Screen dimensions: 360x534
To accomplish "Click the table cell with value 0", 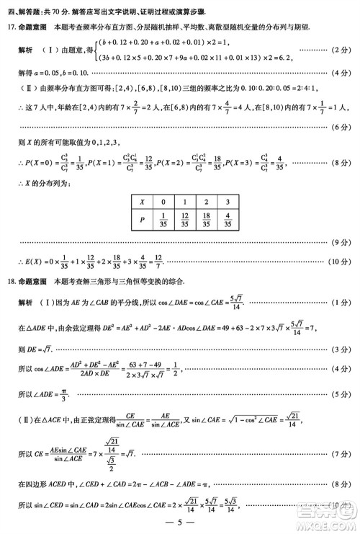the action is (x=164, y=203).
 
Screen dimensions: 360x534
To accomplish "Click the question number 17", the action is (x=11, y=27).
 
